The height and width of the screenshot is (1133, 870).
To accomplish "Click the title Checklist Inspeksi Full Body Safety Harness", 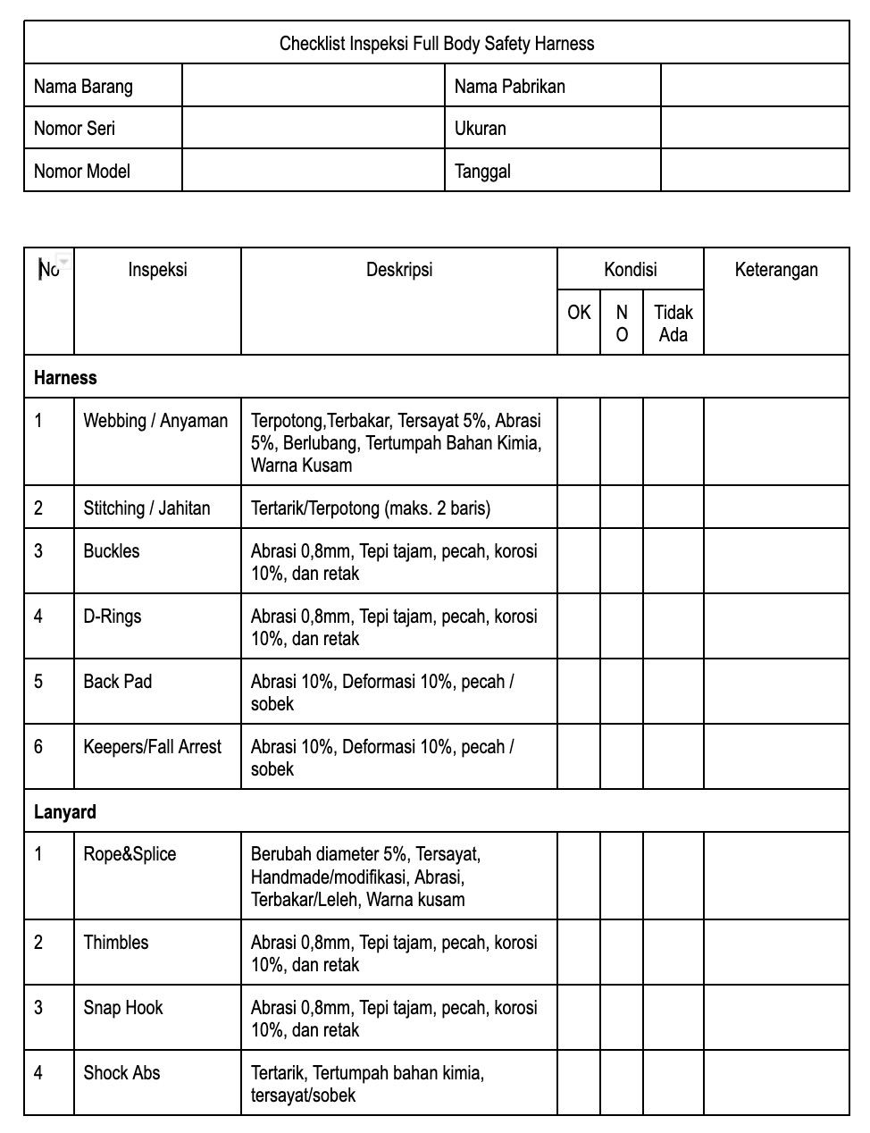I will [436, 43].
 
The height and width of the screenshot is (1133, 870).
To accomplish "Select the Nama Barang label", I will [83, 86].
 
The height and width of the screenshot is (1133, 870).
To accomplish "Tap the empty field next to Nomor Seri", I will [313, 128].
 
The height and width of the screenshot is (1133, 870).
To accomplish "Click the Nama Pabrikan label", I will [509, 86].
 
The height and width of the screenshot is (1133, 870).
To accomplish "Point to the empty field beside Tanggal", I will [755, 171].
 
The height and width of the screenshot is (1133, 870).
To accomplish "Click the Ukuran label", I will [480, 128].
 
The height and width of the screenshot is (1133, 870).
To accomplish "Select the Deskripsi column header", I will [398, 270].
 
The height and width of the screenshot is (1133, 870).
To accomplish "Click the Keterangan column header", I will [776, 270].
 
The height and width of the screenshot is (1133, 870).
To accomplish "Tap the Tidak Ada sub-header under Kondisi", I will [673, 323].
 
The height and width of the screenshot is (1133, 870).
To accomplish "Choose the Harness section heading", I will [65, 377].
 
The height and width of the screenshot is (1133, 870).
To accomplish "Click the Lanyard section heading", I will [65, 812].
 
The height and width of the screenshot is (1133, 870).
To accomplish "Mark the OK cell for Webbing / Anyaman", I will [579, 442].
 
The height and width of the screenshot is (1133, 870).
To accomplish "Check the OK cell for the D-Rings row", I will [579, 627].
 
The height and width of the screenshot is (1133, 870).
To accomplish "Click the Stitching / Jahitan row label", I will [146, 508].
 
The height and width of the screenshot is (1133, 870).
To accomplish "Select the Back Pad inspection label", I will [118, 682].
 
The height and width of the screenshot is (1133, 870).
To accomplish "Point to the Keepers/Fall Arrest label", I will [152, 747].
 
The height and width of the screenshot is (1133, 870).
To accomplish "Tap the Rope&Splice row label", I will [130, 854].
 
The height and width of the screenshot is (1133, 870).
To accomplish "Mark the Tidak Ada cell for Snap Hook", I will [673, 1019].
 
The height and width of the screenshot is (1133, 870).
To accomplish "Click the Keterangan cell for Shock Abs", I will [776, 1083].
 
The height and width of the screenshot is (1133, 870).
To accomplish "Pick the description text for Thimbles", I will [394, 953].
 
